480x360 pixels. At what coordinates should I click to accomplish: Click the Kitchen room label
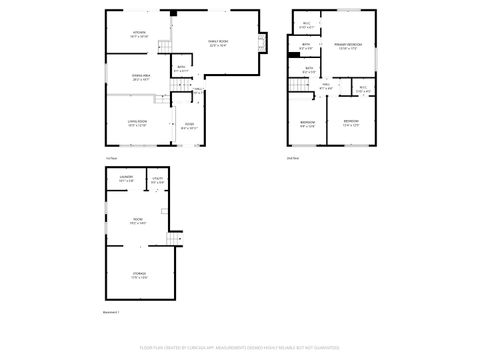click(x=139, y=34)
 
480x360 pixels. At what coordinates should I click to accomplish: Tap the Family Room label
click(x=217, y=42)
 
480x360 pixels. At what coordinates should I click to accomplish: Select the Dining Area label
click(x=140, y=77)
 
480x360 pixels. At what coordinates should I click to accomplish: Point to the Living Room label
click(x=137, y=122)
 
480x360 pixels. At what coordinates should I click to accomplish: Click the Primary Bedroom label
click(x=347, y=46)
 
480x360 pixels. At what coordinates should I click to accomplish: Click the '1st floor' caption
click(x=111, y=157)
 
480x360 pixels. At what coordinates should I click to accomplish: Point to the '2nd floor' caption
click(x=292, y=157)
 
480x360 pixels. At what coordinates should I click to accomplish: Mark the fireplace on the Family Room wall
click(x=264, y=43)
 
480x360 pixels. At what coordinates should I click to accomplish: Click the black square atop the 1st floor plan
click(x=173, y=13)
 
